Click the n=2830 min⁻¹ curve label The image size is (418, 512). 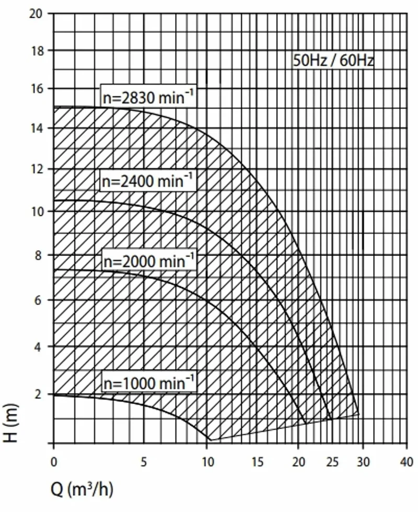(x=148, y=97)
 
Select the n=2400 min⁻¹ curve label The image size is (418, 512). (x=147, y=181)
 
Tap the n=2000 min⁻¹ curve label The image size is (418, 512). (x=149, y=261)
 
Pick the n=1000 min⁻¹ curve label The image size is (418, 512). (x=149, y=382)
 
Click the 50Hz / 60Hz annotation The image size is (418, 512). (x=333, y=61)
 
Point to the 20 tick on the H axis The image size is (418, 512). (x=36, y=14)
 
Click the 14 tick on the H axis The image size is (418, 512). (x=37, y=129)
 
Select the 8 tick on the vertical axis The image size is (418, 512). (x=39, y=255)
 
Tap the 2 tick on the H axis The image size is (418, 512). (x=39, y=394)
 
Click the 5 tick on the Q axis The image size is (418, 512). (x=144, y=462)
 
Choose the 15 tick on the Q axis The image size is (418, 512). (x=258, y=462)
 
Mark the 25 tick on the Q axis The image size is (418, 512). (x=332, y=462)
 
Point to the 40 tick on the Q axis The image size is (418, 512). (x=407, y=462)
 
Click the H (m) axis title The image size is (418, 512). (x=11, y=424)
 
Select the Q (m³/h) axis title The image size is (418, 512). (x=82, y=490)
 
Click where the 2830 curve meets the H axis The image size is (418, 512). (x=54, y=107)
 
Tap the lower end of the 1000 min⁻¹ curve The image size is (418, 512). (x=210, y=440)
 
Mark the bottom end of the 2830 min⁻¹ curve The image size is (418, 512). (x=358, y=414)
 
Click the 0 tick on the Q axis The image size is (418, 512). (x=54, y=462)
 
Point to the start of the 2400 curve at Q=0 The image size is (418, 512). (x=54, y=200)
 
